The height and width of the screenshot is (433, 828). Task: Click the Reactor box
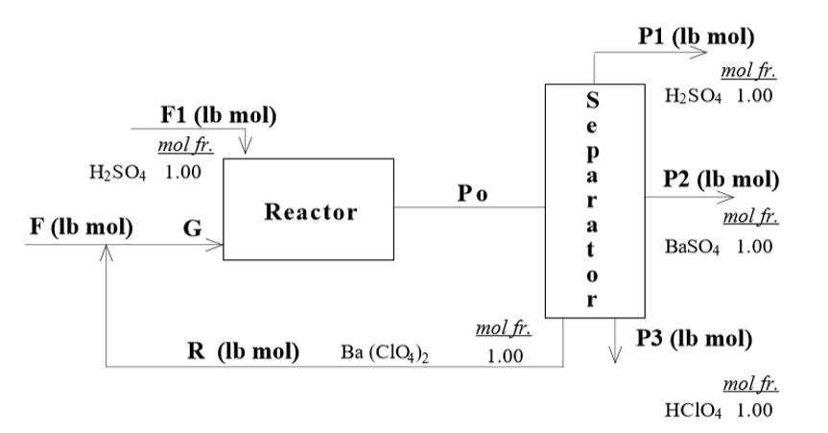307,209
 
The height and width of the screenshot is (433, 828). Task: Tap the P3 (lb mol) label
697,337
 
